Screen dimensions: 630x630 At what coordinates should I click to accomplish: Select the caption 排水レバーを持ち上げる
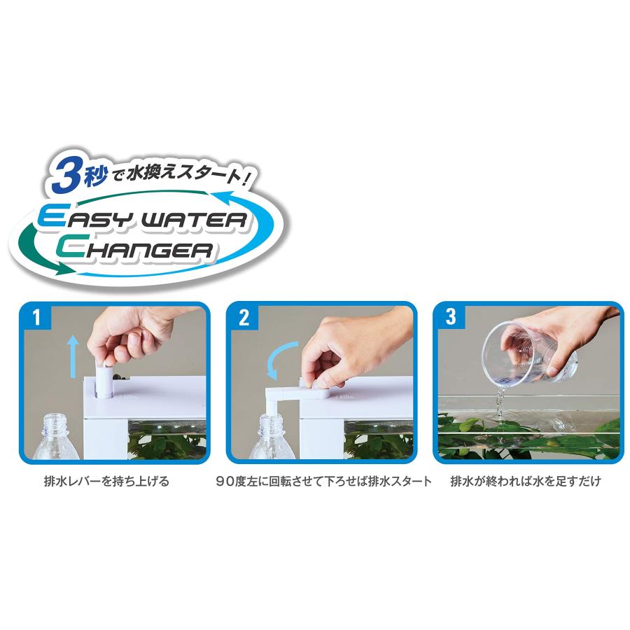pos(106,482)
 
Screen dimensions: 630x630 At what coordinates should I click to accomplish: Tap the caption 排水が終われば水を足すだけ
pos(525,482)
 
